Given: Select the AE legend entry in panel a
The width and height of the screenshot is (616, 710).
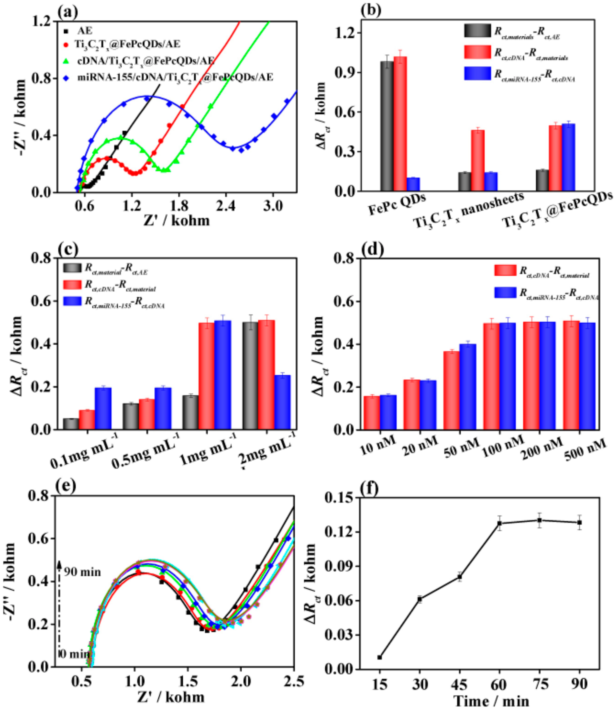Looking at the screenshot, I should [x=85, y=31].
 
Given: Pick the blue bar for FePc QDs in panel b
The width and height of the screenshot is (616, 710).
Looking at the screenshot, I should [x=413, y=184].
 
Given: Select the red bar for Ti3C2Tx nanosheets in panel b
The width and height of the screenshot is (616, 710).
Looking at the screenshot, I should [x=478, y=160].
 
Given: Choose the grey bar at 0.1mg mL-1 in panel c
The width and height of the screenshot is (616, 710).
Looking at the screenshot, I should [x=71, y=424].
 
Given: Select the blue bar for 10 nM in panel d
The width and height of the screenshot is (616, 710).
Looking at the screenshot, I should [x=388, y=412].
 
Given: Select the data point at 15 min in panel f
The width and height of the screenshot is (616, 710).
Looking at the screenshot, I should [x=379, y=657].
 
